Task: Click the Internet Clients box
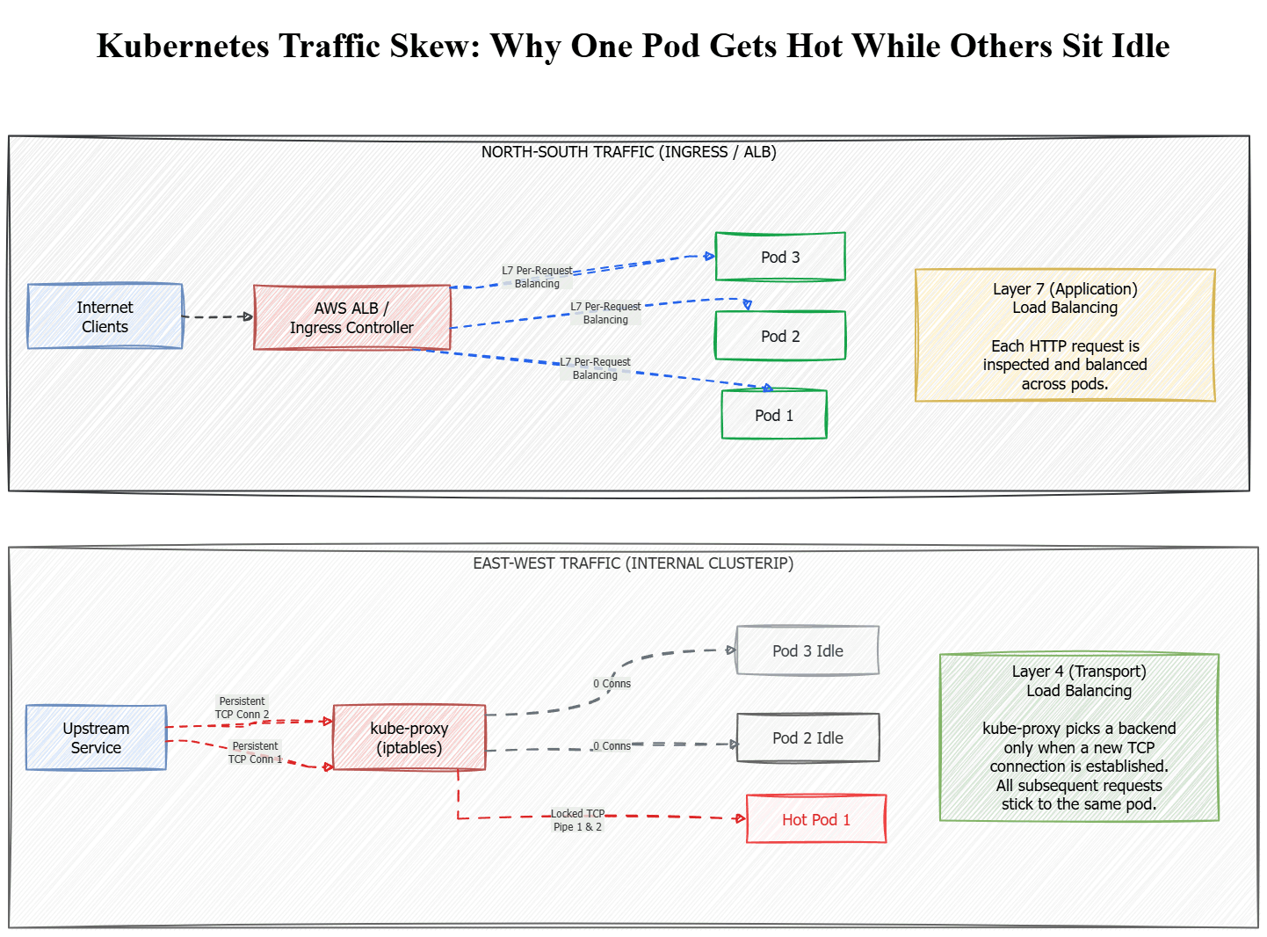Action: click(105, 316)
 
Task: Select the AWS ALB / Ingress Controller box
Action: click(351, 316)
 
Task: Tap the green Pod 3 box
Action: click(779, 256)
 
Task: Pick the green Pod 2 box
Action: click(779, 335)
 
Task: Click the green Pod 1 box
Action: click(774, 414)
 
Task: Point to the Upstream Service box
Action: click(96, 737)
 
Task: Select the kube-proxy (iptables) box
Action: click(409, 737)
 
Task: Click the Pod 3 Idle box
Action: click(807, 650)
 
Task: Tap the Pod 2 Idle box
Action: click(807, 737)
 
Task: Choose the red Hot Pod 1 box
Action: click(815, 818)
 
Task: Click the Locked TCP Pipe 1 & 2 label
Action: click(577, 819)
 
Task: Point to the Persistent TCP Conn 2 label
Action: click(242, 707)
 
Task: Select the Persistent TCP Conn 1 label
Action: click(255, 752)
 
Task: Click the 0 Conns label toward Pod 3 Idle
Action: click(612, 683)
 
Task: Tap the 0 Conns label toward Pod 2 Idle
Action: click(612, 745)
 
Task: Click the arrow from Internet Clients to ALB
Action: click(218, 316)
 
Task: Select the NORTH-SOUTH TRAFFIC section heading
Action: click(628, 151)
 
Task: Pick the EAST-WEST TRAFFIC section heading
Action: click(633, 563)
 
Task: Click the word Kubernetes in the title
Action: click(182, 45)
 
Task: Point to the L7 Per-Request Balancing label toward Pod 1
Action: click(595, 367)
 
